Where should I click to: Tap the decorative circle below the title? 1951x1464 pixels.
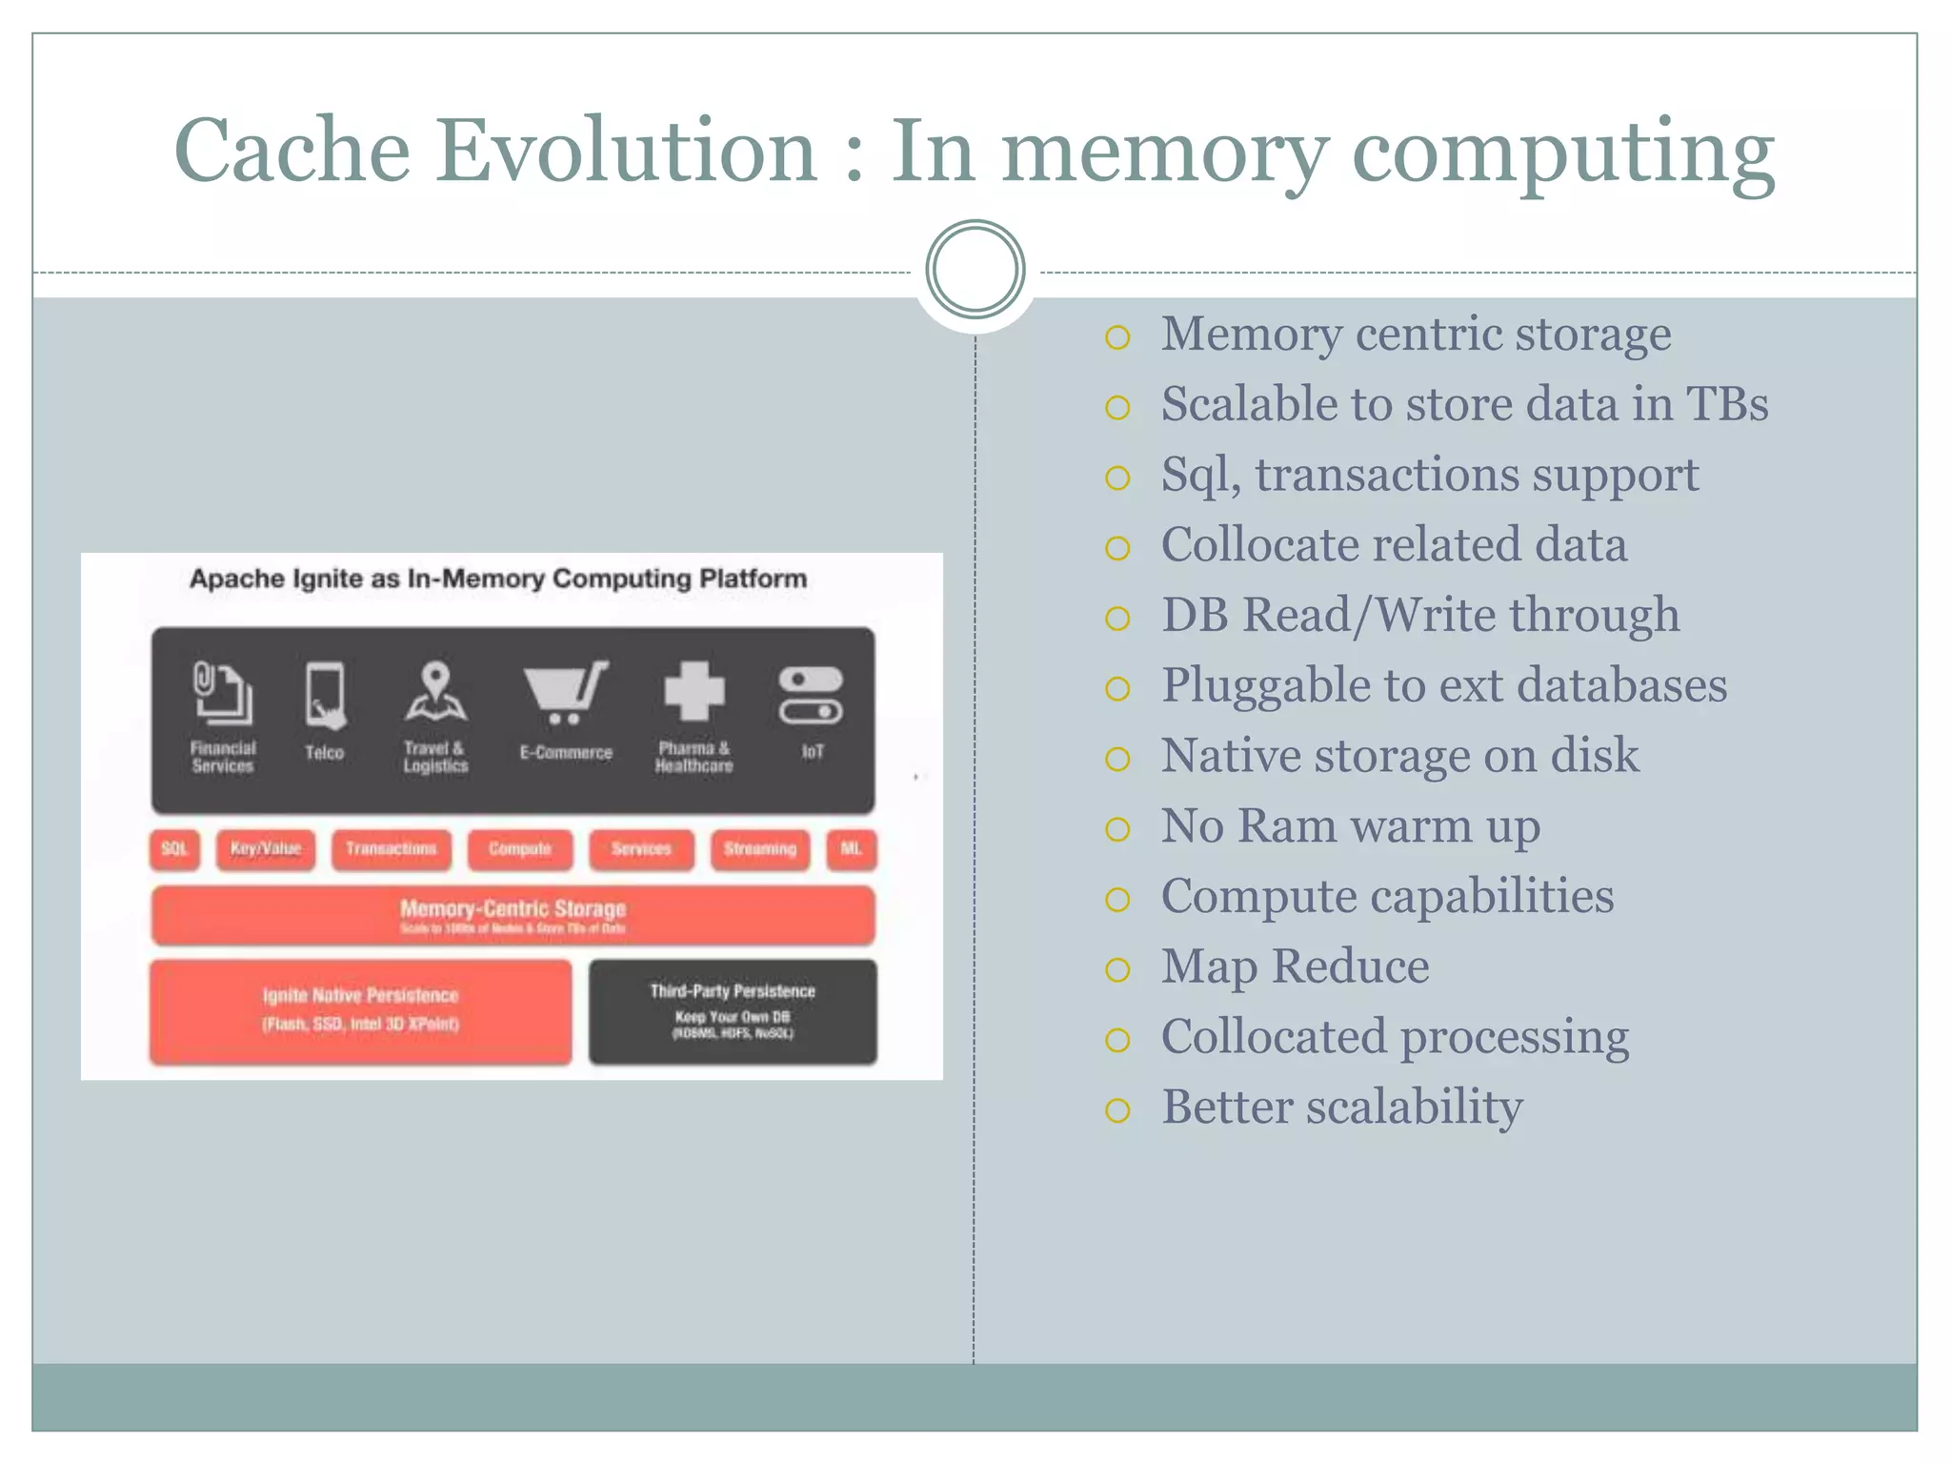tap(975, 270)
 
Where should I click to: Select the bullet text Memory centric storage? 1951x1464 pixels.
tap(1416, 334)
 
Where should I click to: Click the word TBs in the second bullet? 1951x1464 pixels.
tap(1727, 403)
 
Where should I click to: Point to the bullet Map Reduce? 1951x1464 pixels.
tap(1295, 966)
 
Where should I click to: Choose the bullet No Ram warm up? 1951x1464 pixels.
tap(1350, 825)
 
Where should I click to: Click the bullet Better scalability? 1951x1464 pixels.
tap(1341, 1107)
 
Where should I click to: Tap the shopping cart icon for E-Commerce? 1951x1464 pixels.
tap(565, 692)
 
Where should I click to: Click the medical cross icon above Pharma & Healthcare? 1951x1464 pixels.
tap(694, 691)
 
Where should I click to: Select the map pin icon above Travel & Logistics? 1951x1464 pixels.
tap(435, 692)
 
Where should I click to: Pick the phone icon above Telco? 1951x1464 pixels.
tap(325, 695)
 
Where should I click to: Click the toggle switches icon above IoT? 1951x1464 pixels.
tap(811, 695)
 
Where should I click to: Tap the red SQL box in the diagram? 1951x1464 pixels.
tap(174, 849)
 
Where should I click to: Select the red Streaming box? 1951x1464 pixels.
tap(759, 849)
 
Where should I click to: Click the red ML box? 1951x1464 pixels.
tap(851, 849)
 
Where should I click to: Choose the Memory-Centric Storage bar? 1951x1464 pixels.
tap(513, 915)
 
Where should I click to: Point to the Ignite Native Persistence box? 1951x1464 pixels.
tap(361, 1010)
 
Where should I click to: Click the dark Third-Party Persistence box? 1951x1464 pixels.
tap(733, 1011)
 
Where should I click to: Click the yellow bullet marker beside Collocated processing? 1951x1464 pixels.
tap(1117, 1039)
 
